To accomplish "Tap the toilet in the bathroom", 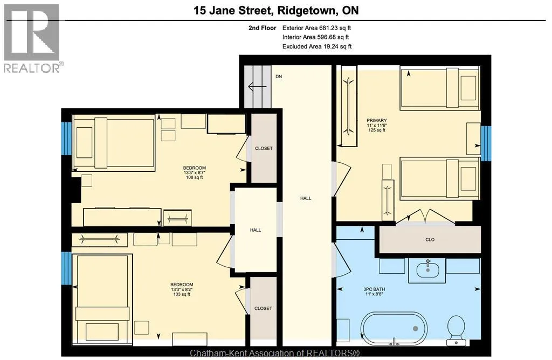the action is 457,330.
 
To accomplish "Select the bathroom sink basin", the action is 427,270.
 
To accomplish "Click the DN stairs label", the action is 279,77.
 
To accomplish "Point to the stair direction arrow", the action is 255,86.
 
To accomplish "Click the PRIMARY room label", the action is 377,120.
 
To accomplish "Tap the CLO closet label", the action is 430,240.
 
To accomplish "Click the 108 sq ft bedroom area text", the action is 194,178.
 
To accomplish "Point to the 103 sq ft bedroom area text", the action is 182,294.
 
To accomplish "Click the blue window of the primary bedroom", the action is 486,143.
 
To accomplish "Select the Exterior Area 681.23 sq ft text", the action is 316,28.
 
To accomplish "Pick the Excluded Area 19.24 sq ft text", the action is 317,46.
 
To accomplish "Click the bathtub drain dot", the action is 416,329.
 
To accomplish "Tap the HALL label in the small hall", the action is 256,230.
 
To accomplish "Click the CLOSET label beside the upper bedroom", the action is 264,149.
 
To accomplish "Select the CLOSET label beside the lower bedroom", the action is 263,308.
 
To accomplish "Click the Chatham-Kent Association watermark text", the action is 274,353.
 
